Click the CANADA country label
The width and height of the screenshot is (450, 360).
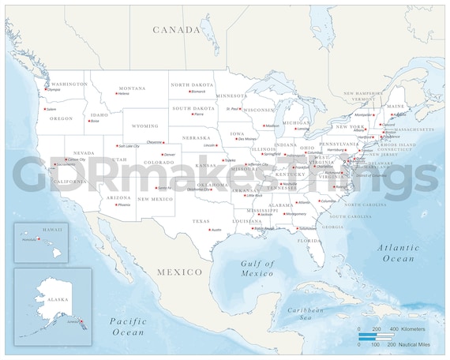coord(177,30)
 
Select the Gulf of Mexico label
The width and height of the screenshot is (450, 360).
coord(257,268)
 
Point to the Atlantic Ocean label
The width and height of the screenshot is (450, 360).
coord(399,253)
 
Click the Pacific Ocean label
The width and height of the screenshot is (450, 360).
coord(129,326)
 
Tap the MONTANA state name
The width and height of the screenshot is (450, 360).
coord(132,88)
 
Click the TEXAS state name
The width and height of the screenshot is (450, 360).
coord(201,221)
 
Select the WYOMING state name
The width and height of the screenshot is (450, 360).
coord(144,126)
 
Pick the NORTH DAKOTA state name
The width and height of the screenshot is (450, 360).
coord(192,84)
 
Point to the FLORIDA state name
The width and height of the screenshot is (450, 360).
coord(308,241)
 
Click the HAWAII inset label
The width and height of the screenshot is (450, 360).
coord(53,228)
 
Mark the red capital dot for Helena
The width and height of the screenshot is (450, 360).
coord(117,94)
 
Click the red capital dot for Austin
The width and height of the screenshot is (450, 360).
coord(208,230)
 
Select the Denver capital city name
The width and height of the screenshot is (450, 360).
coord(169,155)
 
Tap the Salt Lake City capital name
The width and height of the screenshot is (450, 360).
coord(129,146)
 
